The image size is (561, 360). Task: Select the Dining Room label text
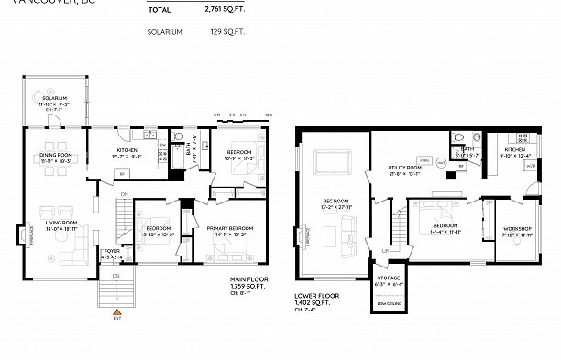[56, 156]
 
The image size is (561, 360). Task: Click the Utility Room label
[404, 168]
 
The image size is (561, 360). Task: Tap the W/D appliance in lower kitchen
[531, 166]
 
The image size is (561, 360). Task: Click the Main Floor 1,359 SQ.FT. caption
[248, 286]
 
